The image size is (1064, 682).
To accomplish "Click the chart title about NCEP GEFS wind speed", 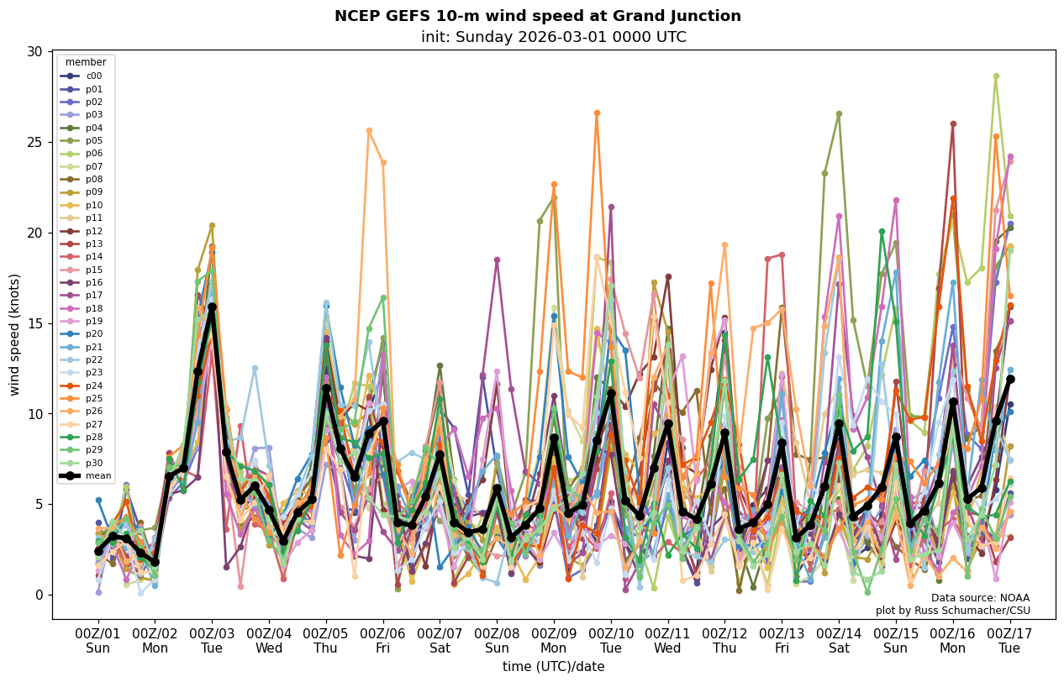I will click(537, 16).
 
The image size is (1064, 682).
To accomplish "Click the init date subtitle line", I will click(553, 37).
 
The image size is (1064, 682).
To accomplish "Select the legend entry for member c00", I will click(93, 76).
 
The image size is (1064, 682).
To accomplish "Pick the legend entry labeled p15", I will click(93, 270).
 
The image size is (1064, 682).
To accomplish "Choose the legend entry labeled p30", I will click(93, 463).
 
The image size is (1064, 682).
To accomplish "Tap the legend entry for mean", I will click(97, 476).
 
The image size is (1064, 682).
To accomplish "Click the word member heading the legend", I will click(86, 62).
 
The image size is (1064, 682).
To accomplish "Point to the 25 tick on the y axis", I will click(34, 142).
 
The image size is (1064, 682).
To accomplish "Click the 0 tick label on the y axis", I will click(38, 595).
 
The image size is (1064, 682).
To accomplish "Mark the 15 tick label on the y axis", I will click(34, 323).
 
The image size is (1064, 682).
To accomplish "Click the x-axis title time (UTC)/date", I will click(553, 667).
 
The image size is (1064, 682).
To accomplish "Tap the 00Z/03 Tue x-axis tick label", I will click(212, 640).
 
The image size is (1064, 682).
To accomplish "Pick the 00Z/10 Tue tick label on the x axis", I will click(611, 640).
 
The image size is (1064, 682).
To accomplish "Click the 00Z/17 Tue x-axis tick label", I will click(1009, 640).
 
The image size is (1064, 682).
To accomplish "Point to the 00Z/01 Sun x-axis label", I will click(98, 640).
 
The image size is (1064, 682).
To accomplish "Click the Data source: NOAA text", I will click(980, 597).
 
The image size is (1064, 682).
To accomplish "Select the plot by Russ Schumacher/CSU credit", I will click(952, 611).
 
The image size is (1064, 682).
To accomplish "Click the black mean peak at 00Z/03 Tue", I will click(212, 307).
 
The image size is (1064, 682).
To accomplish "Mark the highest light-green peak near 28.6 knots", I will click(996, 76).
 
